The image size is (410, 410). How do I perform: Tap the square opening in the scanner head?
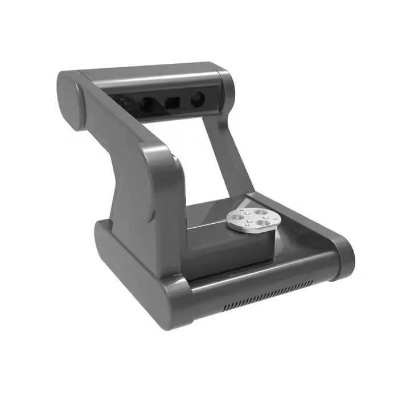(171, 104)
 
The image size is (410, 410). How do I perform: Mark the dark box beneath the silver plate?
(228, 251)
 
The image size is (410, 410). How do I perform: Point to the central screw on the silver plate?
(251, 217)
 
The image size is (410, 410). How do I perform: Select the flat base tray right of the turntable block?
(302, 239)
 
